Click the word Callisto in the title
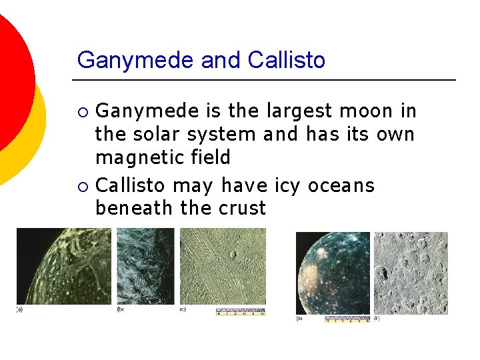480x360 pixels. pos(286,60)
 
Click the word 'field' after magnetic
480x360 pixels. pos(208,158)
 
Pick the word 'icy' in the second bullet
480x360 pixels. pos(287,185)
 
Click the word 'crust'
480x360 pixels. pos(240,208)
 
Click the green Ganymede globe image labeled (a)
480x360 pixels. pos(63,267)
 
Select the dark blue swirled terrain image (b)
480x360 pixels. pos(145,267)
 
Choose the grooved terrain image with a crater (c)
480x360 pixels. pos(223,267)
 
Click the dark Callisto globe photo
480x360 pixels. pos(332,273)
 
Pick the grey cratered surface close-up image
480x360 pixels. pos(411,273)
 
